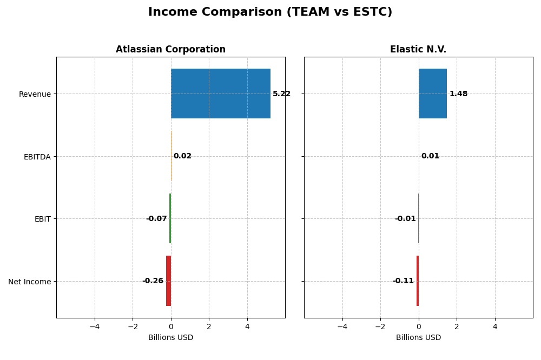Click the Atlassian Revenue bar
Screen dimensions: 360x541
click(221, 94)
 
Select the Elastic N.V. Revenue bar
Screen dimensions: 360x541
click(433, 94)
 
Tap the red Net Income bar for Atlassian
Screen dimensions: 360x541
click(168, 281)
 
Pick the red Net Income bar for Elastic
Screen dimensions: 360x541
click(418, 281)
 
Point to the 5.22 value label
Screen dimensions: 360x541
click(281, 94)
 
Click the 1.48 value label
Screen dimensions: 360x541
click(458, 94)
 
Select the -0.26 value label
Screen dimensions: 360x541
click(153, 281)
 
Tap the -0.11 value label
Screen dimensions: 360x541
click(403, 281)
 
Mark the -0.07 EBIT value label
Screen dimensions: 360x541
click(156, 219)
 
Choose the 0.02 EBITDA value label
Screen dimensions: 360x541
click(182, 156)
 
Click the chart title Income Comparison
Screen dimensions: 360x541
click(270, 12)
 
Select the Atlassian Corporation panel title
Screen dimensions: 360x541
click(170, 50)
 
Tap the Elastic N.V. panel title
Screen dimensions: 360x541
click(418, 50)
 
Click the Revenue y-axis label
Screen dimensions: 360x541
click(35, 94)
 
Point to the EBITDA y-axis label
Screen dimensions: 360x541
click(37, 157)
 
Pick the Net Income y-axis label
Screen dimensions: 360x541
click(29, 282)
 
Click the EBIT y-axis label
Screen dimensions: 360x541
click(42, 219)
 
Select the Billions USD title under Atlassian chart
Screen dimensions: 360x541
click(170, 338)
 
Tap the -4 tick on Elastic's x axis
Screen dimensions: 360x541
click(342, 326)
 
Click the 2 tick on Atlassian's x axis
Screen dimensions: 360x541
click(209, 326)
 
